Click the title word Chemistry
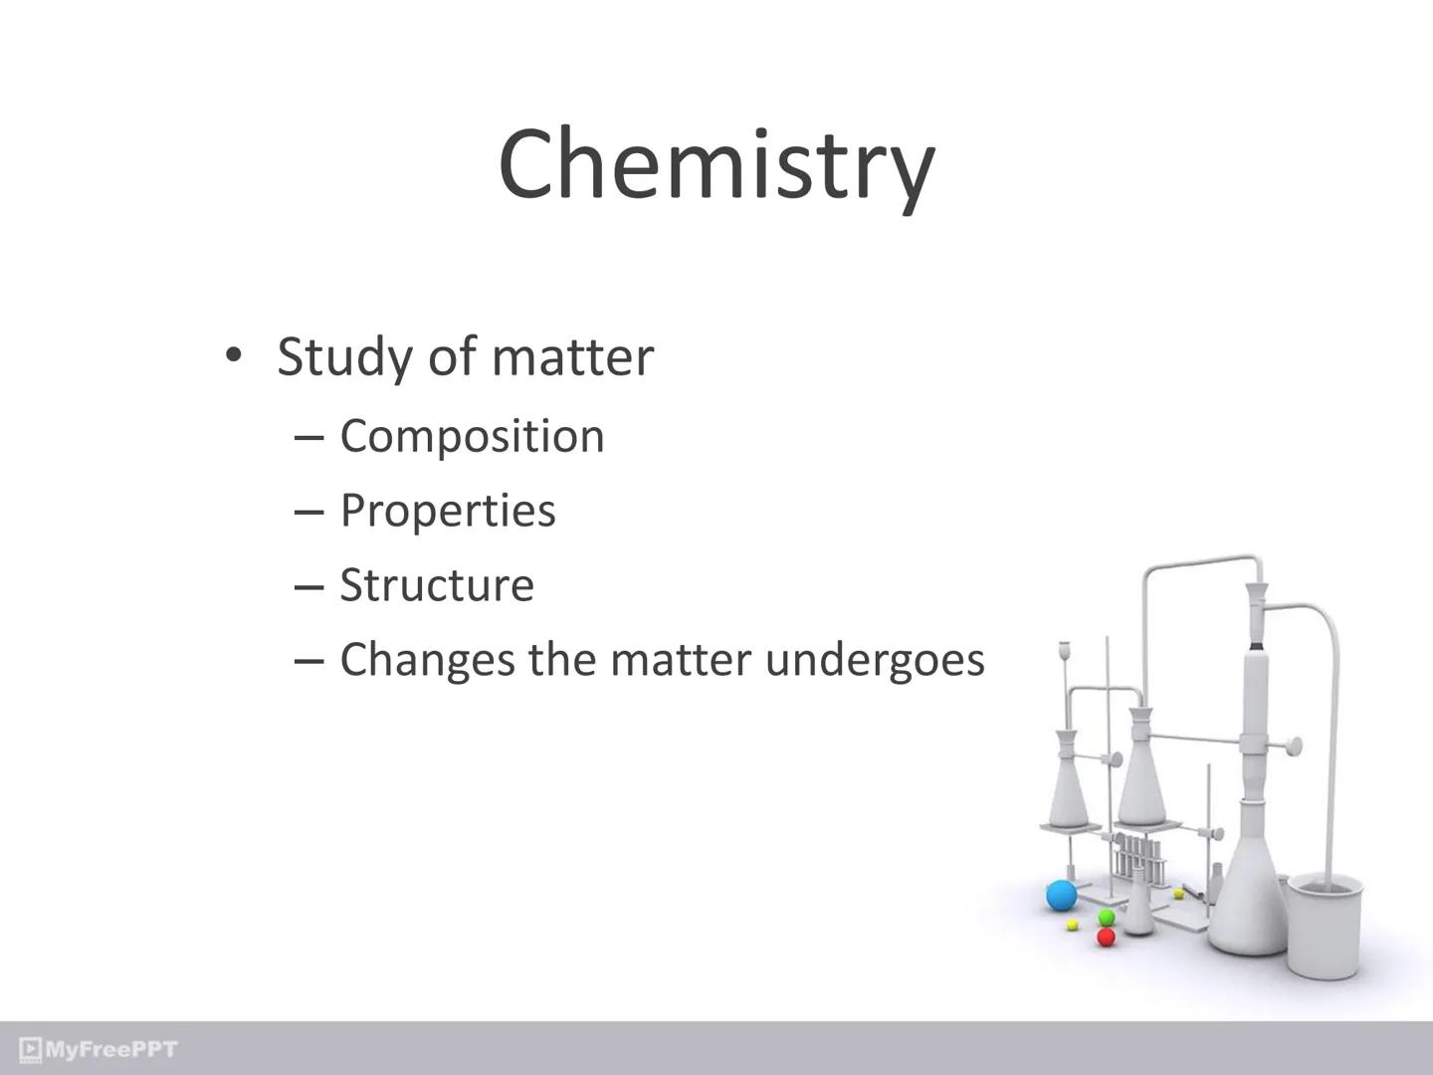[x=716, y=164]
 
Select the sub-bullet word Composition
[x=472, y=436]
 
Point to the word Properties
[x=448, y=511]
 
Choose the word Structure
[x=437, y=585]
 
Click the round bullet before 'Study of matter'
[x=233, y=355]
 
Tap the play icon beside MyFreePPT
[x=31, y=1049]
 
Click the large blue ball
[x=1062, y=896]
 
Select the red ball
[x=1106, y=937]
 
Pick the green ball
[x=1106, y=917]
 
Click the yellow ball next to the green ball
[x=1073, y=926]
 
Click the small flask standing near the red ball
[x=1139, y=911]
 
